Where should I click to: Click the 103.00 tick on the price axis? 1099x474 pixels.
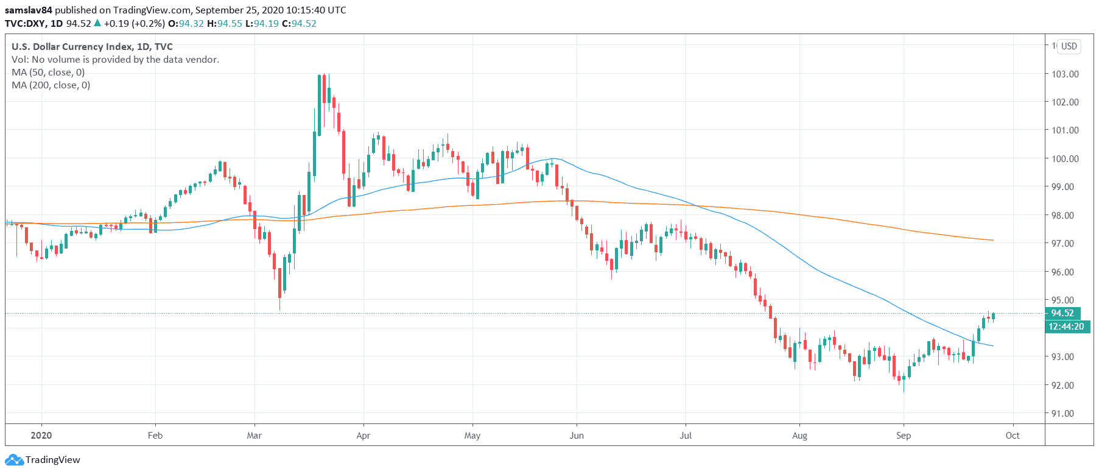coord(1065,74)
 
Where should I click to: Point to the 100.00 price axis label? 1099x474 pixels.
coord(1065,159)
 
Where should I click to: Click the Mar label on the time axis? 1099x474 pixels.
coord(254,436)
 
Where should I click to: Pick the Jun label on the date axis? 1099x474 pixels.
coord(576,436)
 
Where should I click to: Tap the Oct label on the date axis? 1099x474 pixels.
coord(1013,436)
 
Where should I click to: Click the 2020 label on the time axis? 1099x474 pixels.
coord(41,436)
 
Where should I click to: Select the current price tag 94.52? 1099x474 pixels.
coord(1062,313)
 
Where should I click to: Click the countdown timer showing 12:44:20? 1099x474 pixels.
coord(1066,327)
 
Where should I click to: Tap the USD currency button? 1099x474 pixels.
coord(1069,46)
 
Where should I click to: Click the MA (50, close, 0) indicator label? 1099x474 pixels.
coord(48,73)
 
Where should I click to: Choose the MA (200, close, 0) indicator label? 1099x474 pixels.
coord(51,85)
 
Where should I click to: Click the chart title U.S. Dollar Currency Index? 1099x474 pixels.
coord(72,47)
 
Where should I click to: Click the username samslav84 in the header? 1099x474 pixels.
coord(29,10)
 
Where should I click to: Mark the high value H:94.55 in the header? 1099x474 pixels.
coord(225,24)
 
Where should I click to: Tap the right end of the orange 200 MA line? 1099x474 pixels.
coord(992,240)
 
